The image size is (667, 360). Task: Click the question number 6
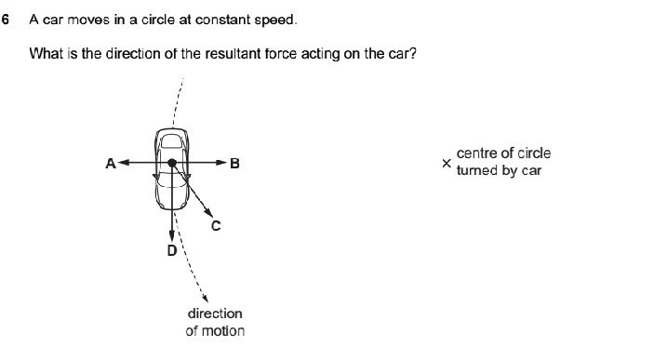[x=5, y=20]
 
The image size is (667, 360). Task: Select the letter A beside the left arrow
[x=111, y=164]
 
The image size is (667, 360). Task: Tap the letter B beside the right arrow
[x=234, y=164]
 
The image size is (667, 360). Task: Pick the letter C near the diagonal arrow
[x=216, y=225]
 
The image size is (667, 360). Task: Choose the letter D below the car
[x=172, y=250]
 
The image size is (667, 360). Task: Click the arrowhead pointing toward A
[x=124, y=163]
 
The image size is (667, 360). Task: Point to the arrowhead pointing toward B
[x=221, y=163]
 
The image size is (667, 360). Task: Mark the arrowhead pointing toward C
[x=208, y=212]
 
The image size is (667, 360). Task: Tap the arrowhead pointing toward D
[x=172, y=236]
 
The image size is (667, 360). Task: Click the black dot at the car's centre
[x=172, y=163]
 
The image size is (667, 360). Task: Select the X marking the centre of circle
[x=447, y=163]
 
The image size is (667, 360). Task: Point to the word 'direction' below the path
[x=215, y=313]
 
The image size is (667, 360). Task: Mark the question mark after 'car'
[x=413, y=54]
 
